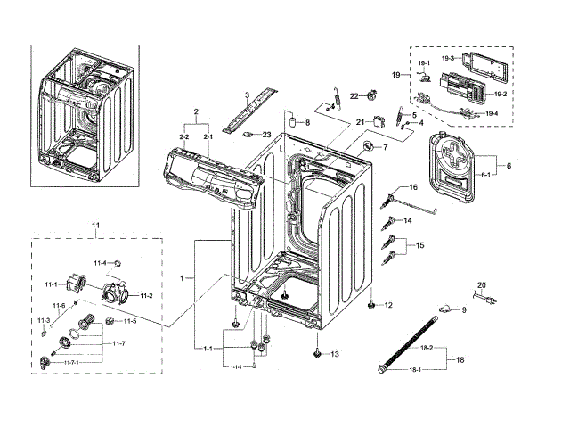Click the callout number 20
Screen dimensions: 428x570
coord(482,284)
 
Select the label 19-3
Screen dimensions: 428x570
coord(422,58)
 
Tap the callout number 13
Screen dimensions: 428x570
coord(334,354)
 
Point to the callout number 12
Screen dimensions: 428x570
coord(387,306)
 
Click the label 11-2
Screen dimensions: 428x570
coord(145,295)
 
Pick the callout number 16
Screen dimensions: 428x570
coord(412,187)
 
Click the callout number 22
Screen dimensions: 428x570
coord(354,95)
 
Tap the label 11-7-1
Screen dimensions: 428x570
coord(76,363)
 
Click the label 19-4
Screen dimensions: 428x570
coord(491,114)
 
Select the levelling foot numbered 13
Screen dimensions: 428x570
coord(318,352)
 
